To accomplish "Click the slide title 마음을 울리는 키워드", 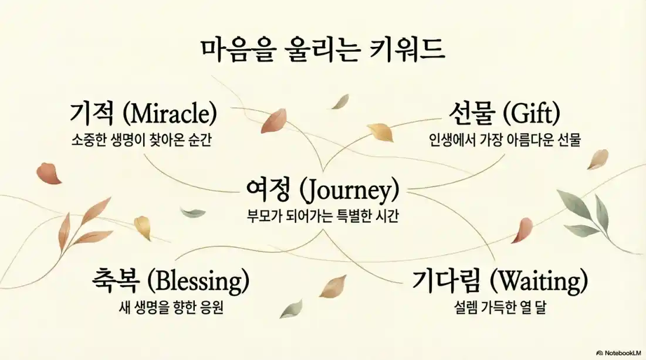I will point(323,50).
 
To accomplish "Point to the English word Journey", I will point(349,191).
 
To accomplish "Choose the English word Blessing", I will point(198,282).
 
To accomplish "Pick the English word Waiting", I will point(539,282).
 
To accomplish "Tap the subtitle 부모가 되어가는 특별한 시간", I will point(323,216).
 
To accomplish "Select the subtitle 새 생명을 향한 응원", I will point(170,307).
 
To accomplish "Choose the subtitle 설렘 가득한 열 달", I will point(499,307).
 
